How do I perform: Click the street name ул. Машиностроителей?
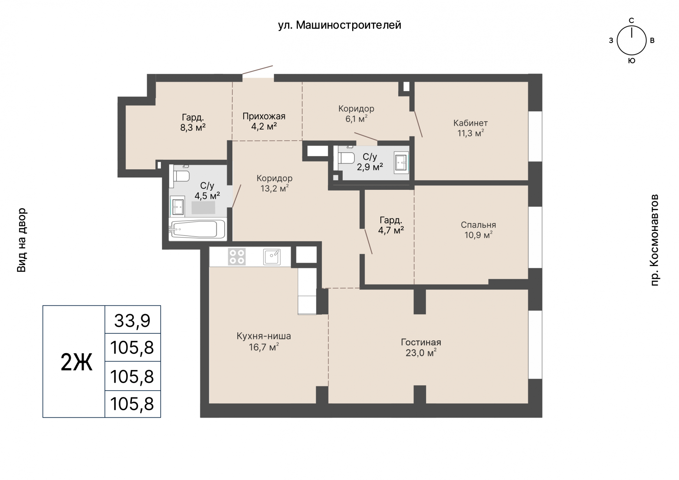pos(339,25)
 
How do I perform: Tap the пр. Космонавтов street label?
pos(655,240)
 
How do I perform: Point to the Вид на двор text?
pos(22,240)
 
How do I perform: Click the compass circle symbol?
pos(632,41)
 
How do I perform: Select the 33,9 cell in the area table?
pos(133,320)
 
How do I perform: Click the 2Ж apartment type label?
pos(76,362)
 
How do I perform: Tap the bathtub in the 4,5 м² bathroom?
pos(197,229)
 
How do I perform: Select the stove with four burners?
pos(237,257)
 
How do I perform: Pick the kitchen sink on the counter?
pos(272,257)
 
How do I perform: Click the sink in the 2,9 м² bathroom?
pos(401,163)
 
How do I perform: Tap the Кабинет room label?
pos(470,123)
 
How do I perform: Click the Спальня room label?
pos(478,225)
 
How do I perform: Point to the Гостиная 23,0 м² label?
pos(421,347)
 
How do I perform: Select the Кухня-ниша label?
pos(264,336)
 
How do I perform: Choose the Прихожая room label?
pos(264,116)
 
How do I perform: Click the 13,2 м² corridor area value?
pos(274,188)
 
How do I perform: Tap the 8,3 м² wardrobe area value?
pos(193,127)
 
